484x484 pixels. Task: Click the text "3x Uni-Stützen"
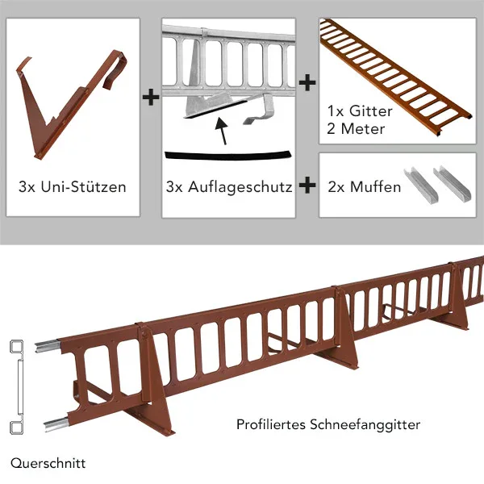click(x=73, y=187)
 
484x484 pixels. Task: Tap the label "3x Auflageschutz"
click(x=229, y=187)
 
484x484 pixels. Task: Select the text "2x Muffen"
click(x=365, y=187)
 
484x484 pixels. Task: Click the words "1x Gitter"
click(x=360, y=111)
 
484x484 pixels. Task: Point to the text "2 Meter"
click(x=356, y=129)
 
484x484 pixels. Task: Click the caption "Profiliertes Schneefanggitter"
click(x=328, y=425)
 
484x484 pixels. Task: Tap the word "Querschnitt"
click(x=48, y=463)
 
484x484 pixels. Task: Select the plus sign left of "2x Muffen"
click(x=307, y=186)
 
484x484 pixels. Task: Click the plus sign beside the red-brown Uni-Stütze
click(x=151, y=98)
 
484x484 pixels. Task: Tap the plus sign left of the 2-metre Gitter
click(x=307, y=82)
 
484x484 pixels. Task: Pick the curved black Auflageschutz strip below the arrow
click(x=227, y=156)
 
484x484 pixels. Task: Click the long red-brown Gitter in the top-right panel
click(x=395, y=77)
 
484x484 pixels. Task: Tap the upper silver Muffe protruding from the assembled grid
click(x=47, y=346)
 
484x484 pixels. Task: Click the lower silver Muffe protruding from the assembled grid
click(x=56, y=423)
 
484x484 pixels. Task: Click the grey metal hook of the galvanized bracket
click(x=261, y=111)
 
